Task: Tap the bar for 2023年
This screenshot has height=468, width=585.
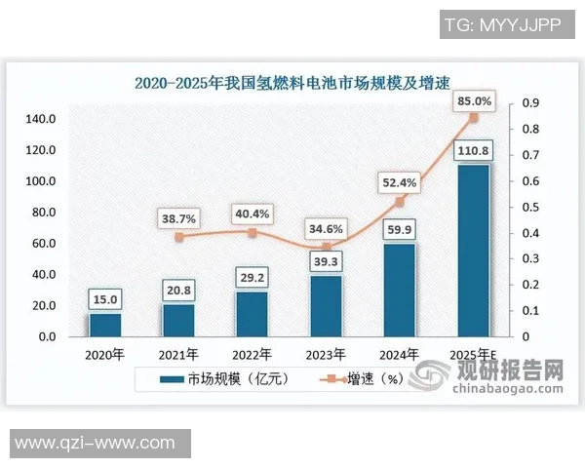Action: pos(327,306)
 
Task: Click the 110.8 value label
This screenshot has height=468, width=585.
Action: pos(474,150)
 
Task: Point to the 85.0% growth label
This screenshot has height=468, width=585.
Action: pos(474,100)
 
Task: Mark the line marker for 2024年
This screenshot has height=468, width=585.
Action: pos(400,202)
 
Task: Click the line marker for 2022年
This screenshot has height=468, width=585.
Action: pos(252,233)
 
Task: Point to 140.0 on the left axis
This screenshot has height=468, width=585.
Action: pos(41,119)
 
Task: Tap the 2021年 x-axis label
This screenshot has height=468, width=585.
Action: pos(177,354)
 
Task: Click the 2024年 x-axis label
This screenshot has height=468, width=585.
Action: pos(400,354)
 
